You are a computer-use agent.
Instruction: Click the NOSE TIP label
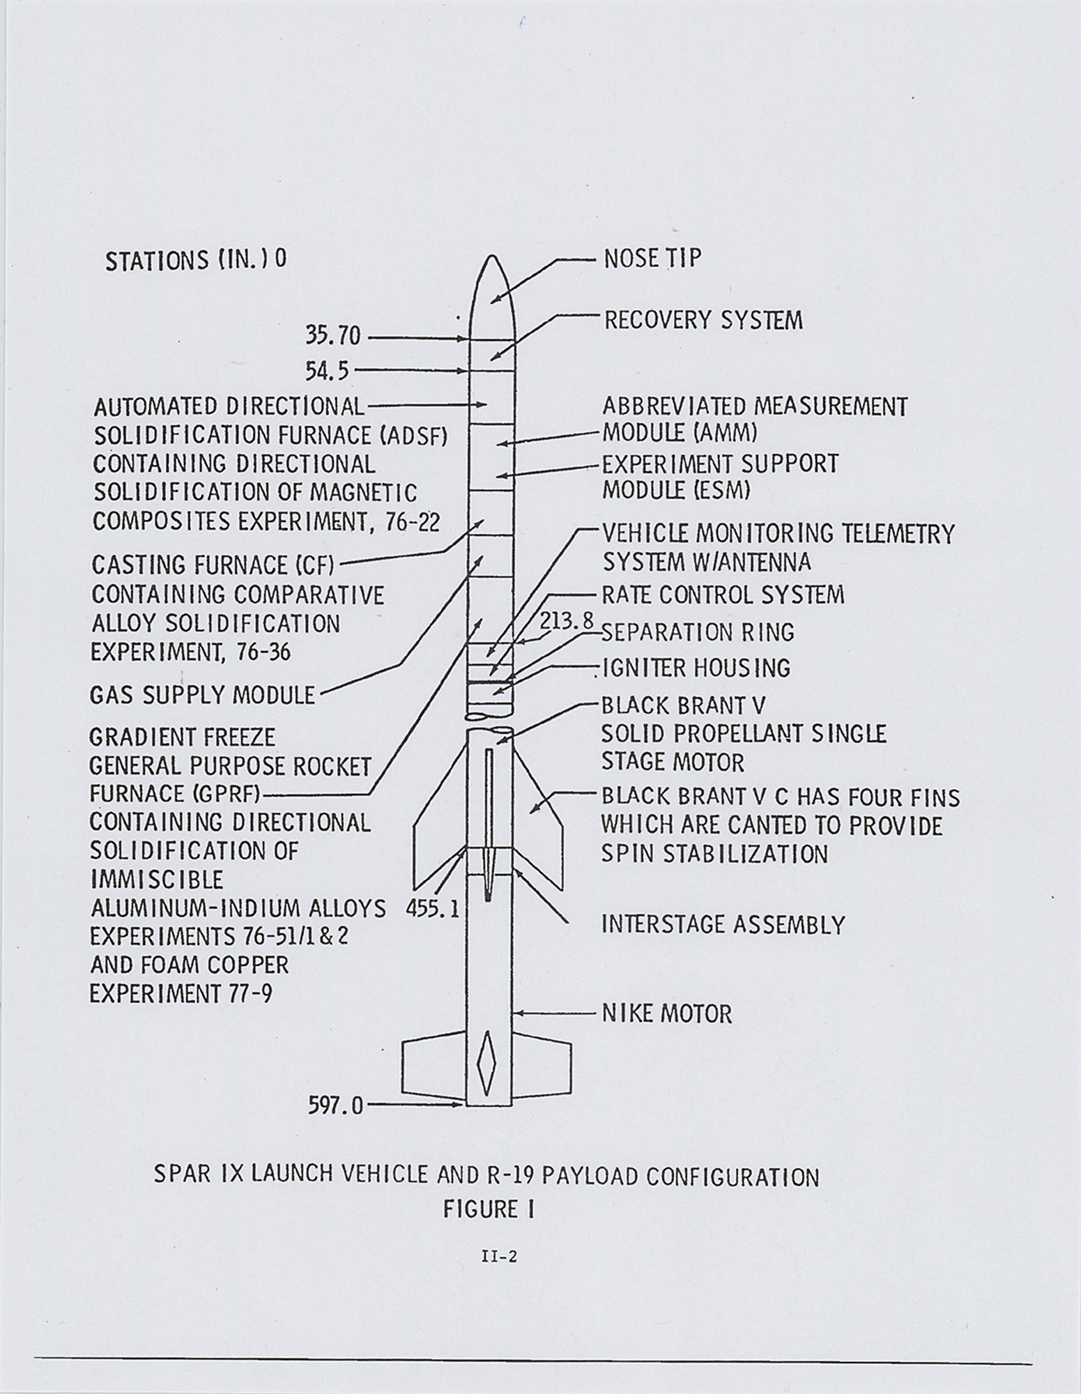652,259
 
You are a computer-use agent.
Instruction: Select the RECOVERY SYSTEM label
703,321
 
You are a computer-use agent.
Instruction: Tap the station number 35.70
333,337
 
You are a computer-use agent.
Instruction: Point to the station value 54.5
327,372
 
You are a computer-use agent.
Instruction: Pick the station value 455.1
432,909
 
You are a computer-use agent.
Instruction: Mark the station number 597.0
336,1106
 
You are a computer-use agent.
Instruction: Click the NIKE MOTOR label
667,1013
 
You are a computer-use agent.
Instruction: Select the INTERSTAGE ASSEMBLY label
723,925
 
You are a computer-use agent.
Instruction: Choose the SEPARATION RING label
698,633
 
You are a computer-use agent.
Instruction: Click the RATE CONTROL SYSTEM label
723,595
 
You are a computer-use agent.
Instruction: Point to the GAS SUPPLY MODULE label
202,695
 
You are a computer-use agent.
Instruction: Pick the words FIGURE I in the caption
488,1209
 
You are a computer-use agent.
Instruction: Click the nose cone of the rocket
491,293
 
